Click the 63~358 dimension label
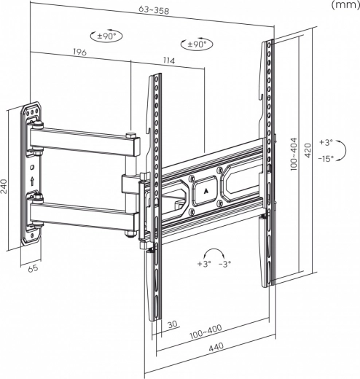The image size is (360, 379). tap(154, 9)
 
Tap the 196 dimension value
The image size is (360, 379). tap(79, 52)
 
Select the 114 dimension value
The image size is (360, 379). tap(169, 60)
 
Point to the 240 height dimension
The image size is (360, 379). tap(4, 187)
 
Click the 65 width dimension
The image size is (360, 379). tap(33, 268)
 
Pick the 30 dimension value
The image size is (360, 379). tap(173, 324)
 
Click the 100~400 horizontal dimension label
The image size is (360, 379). tap(206, 332)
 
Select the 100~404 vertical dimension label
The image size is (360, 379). tap(294, 154)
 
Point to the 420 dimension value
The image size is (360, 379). tap(308, 151)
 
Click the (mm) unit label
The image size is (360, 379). tap(345, 5)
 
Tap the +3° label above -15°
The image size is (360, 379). tap(326, 142)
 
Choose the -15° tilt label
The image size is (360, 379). tap(326, 159)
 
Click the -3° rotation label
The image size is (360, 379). tap(224, 264)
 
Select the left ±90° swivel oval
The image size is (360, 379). tap(106, 36)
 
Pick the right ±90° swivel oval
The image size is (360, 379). tap(197, 44)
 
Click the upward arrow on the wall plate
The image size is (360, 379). tap(32, 181)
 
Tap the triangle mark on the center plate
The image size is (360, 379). tap(206, 191)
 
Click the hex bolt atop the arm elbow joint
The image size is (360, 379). tap(130, 135)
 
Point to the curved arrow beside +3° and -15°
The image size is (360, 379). tap(344, 151)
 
